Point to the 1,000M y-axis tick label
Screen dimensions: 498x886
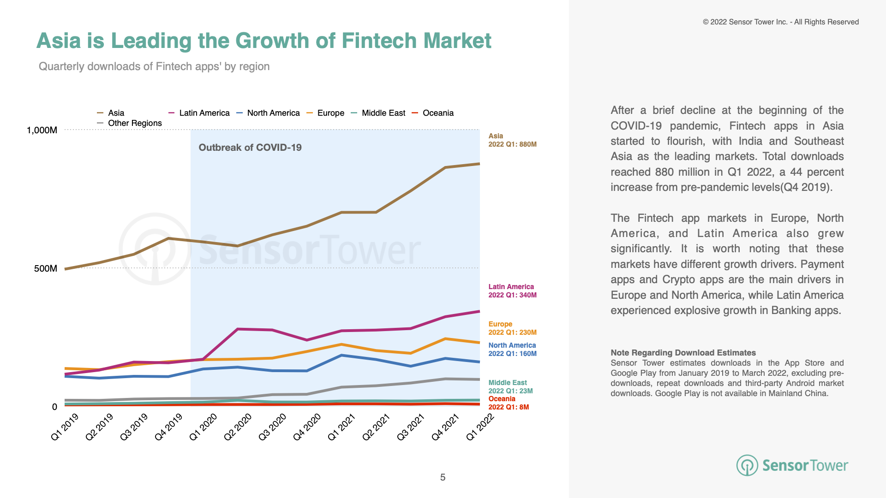tap(42, 130)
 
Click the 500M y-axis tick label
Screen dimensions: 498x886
tap(46, 268)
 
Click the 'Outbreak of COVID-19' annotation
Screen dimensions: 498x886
tap(250, 148)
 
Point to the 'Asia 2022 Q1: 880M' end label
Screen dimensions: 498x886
tap(512, 140)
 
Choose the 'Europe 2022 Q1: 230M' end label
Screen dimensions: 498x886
tap(512, 328)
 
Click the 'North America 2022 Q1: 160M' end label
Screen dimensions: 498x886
tap(512, 350)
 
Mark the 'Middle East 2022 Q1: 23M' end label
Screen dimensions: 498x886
tap(510, 387)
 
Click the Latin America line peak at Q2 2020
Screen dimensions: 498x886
tap(237, 329)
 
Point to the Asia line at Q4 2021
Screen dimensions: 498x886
tap(445, 167)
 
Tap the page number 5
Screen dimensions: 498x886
tap(443, 477)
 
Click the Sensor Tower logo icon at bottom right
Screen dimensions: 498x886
tap(747, 465)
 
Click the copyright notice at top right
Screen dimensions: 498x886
tap(781, 22)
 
